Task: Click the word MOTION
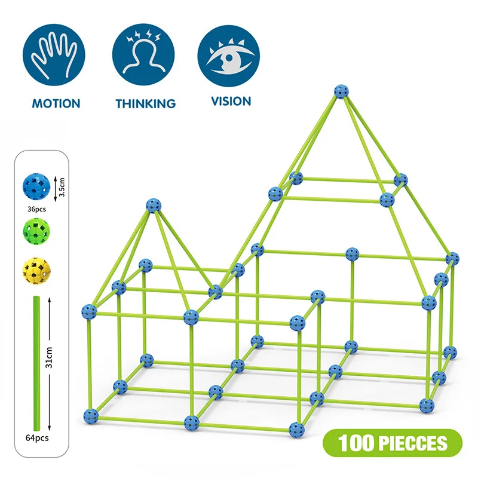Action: (x=56, y=103)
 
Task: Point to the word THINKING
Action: (x=145, y=104)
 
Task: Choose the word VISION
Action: (x=231, y=102)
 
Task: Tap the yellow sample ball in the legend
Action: (x=36, y=270)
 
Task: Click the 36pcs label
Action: (x=36, y=210)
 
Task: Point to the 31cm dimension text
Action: (x=50, y=360)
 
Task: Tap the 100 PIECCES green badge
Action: (x=393, y=443)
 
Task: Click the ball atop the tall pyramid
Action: (x=341, y=93)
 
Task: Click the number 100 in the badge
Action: (x=357, y=443)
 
